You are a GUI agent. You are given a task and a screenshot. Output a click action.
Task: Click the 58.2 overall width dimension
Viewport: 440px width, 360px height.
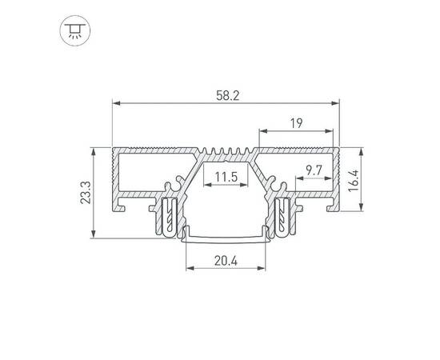point(222,94)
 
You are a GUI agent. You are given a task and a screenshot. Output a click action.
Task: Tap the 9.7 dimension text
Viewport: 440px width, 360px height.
point(313,170)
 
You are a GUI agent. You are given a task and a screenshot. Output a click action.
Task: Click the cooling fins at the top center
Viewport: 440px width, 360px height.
point(224,154)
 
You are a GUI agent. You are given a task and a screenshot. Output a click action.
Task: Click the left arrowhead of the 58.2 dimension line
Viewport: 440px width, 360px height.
point(115,103)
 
